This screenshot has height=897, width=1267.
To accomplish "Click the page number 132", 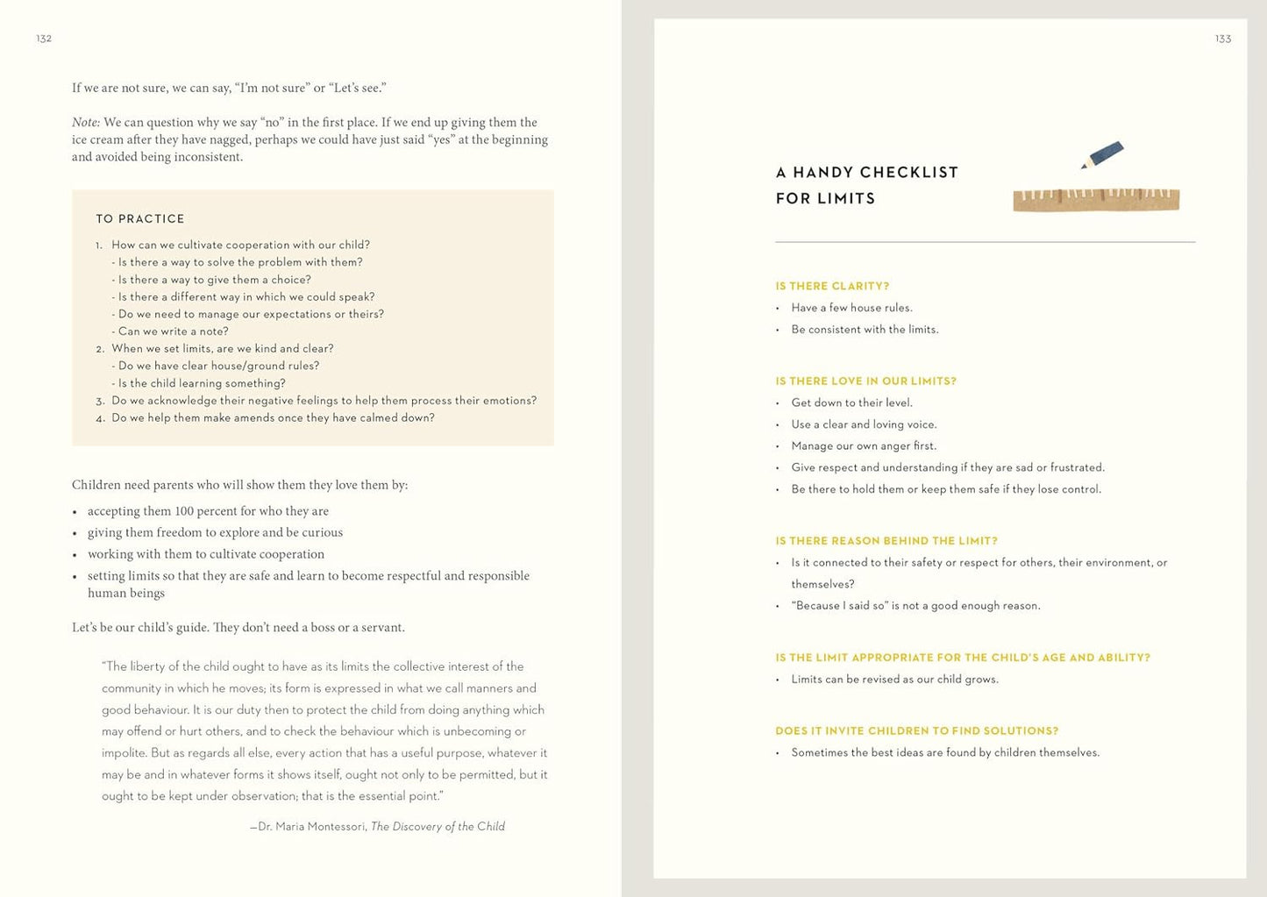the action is tap(44, 39).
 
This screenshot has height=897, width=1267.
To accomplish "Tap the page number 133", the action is tap(1223, 39).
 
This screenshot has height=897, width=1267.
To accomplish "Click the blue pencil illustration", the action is tap(1103, 154).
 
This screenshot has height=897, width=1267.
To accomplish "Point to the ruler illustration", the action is tap(1096, 199).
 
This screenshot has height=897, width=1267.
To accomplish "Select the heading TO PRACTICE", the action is tap(140, 218).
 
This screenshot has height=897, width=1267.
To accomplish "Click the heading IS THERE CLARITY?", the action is tap(832, 286).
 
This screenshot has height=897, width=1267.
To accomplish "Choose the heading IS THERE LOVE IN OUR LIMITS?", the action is tap(865, 381).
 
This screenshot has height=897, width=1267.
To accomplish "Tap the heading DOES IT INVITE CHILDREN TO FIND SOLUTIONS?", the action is tap(916, 730).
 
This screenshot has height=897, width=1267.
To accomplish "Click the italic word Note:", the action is tap(86, 123).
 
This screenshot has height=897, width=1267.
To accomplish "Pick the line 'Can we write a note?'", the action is tap(173, 331).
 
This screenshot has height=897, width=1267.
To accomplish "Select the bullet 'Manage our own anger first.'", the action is tap(864, 445).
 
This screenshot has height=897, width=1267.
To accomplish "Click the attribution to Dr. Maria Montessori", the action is tap(377, 826).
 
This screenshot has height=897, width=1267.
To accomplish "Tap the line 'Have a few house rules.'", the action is tap(851, 308).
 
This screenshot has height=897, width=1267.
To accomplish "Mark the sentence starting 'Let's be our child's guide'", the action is tap(238, 628).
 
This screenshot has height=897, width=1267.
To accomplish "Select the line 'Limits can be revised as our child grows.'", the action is tap(894, 679).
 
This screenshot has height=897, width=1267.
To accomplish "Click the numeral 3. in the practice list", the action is tap(100, 402).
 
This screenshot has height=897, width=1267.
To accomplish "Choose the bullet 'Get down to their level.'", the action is tap(851, 402).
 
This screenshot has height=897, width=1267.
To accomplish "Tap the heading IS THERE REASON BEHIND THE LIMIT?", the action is tap(886, 541).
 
